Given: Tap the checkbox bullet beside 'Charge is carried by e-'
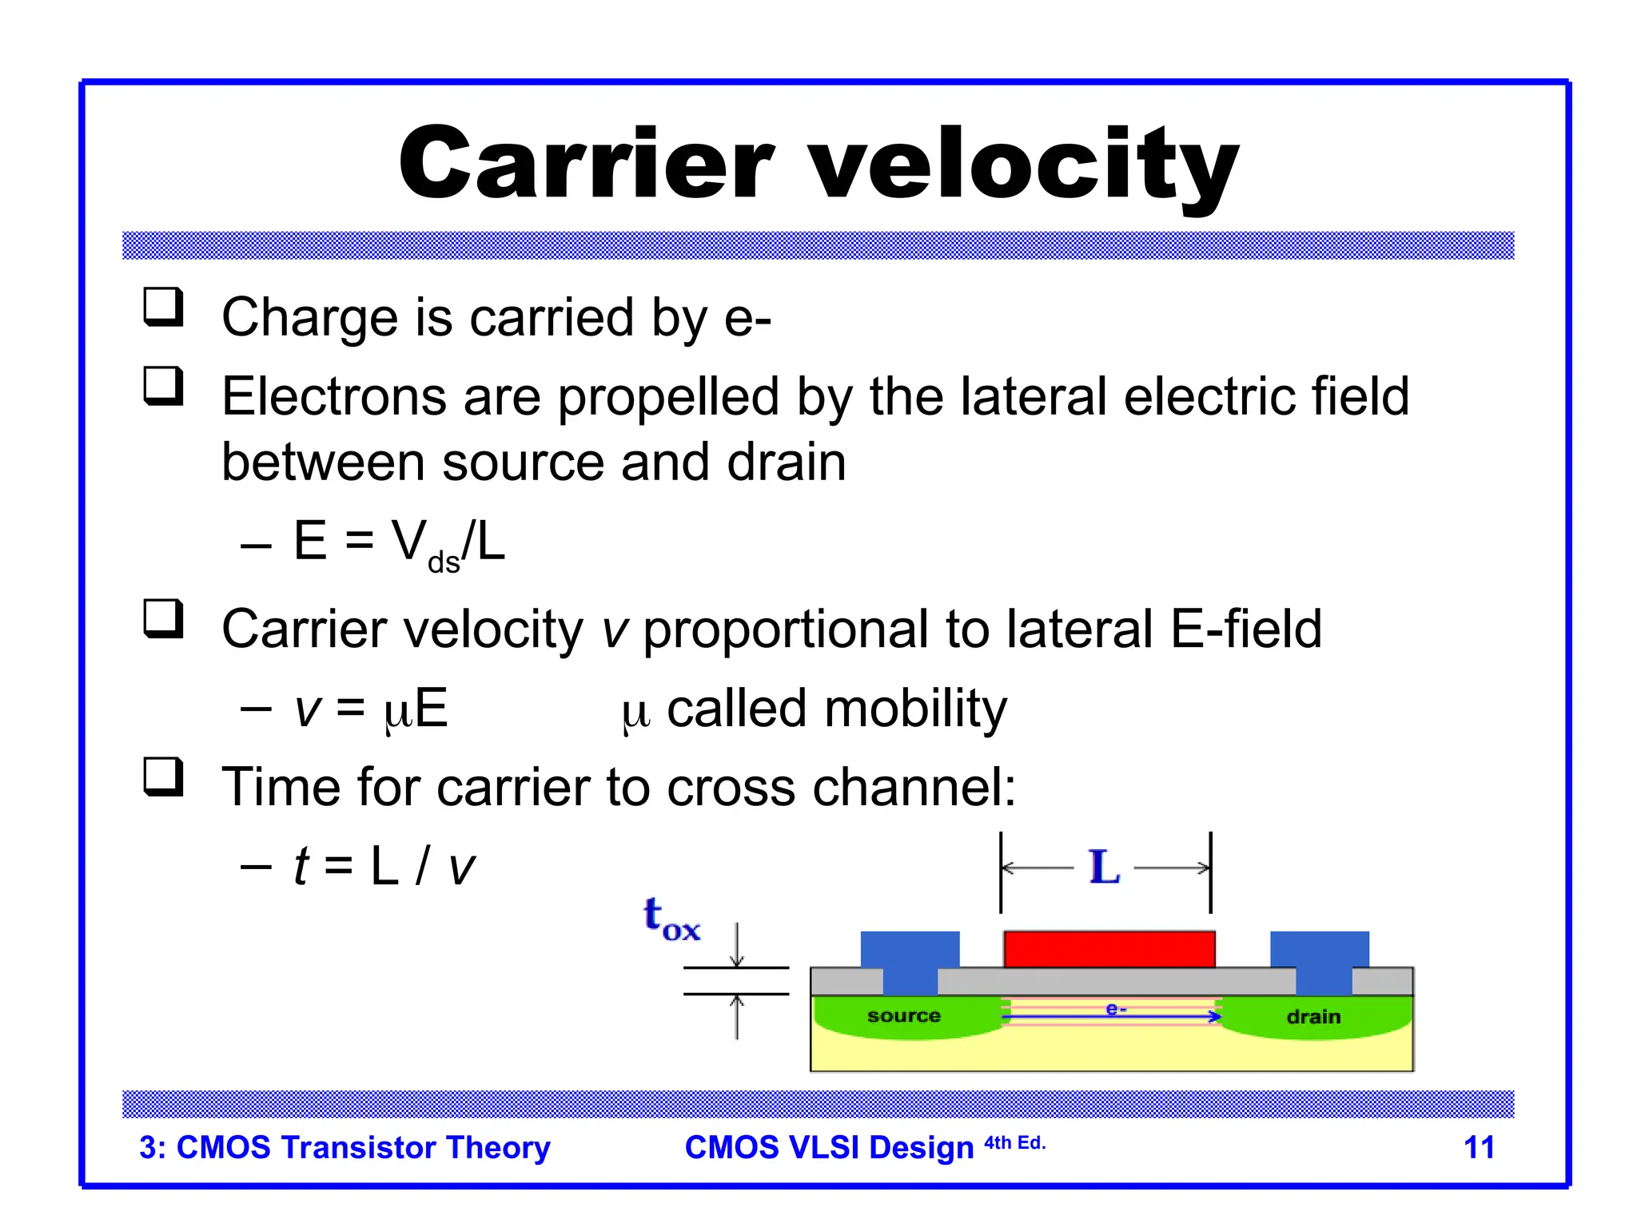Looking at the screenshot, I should pyautogui.click(x=163, y=308).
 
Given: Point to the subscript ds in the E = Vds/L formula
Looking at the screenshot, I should pyautogui.click(x=444, y=562).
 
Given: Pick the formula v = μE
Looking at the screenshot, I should pyautogui.click(x=371, y=709).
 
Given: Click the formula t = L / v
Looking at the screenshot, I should pyautogui.click(x=384, y=866).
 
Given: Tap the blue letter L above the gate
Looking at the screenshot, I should pyautogui.click(x=1105, y=868).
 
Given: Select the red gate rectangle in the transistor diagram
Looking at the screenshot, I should pyautogui.click(x=1109, y=949).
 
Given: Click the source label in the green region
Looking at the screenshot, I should pyautogui.click(x=903, y=1015).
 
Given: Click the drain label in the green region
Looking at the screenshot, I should pyautogui.click(x=1313, y=1016).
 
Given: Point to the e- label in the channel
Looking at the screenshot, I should pyautogui.click(x=1116, y=1009).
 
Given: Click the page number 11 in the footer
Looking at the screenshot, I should pyautogui.click(x=1478, y=1147).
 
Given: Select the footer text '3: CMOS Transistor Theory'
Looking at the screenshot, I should pyautogui.click(x=345, y=1147).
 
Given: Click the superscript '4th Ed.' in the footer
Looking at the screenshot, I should pyautogui.click(x=1014, y=1142).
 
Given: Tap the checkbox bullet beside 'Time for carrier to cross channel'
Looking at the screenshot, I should pyautogui.click(x=163, y=777).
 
